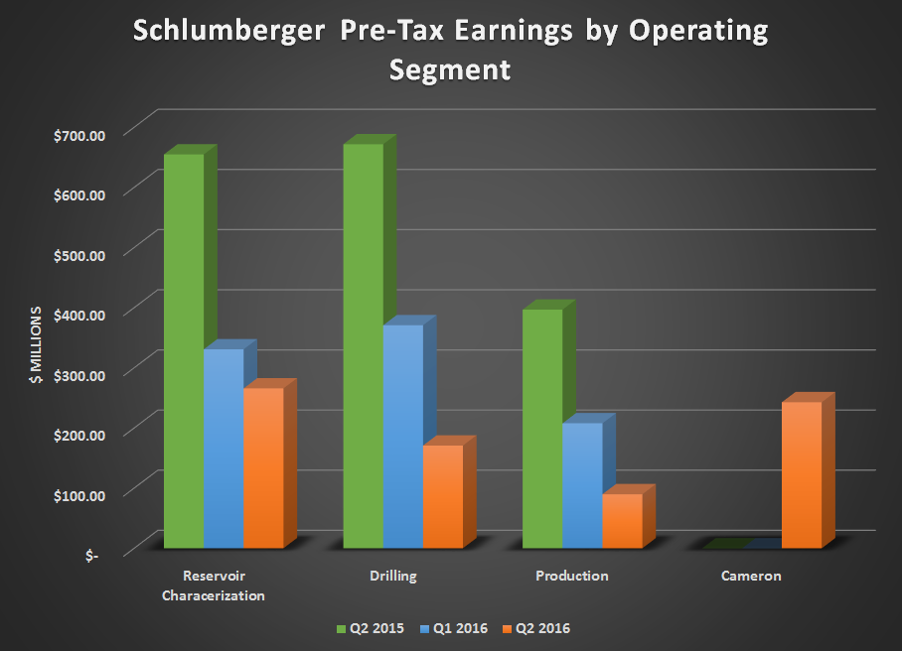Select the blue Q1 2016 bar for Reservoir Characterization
point(224,448)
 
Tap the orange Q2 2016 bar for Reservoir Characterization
point(263,467)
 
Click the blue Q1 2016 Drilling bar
point(402,436)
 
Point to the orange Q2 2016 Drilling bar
point(442,496)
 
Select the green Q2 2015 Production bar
point(541,428)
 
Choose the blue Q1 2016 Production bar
point(581,485)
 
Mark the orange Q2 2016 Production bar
point(622,521)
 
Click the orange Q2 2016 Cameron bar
point(801,474)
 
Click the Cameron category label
point(751,576)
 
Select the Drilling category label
point(392,576)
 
